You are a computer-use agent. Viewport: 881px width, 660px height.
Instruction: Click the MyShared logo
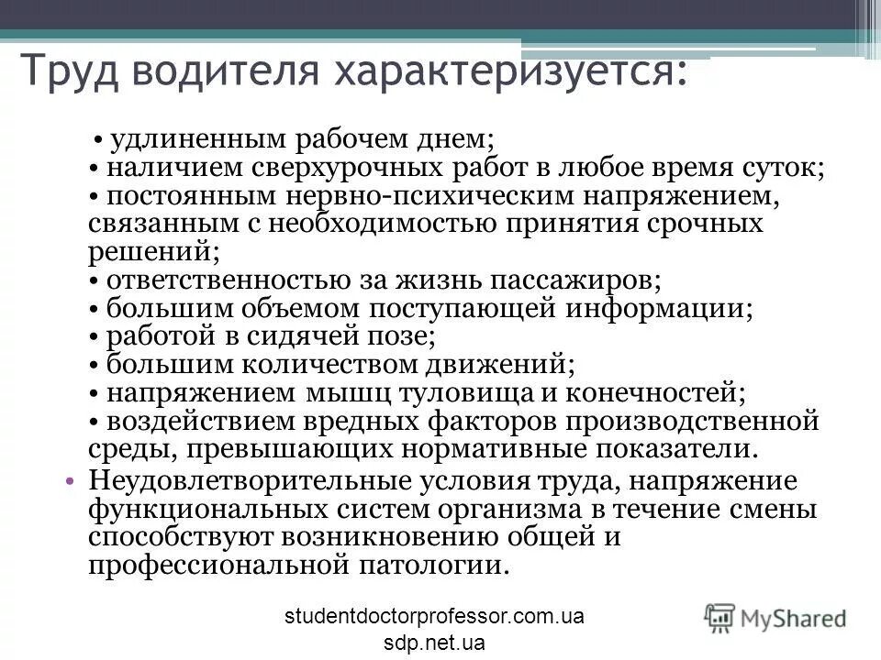[775, 617]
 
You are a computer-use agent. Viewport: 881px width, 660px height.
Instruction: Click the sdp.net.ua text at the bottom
[434, 642]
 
